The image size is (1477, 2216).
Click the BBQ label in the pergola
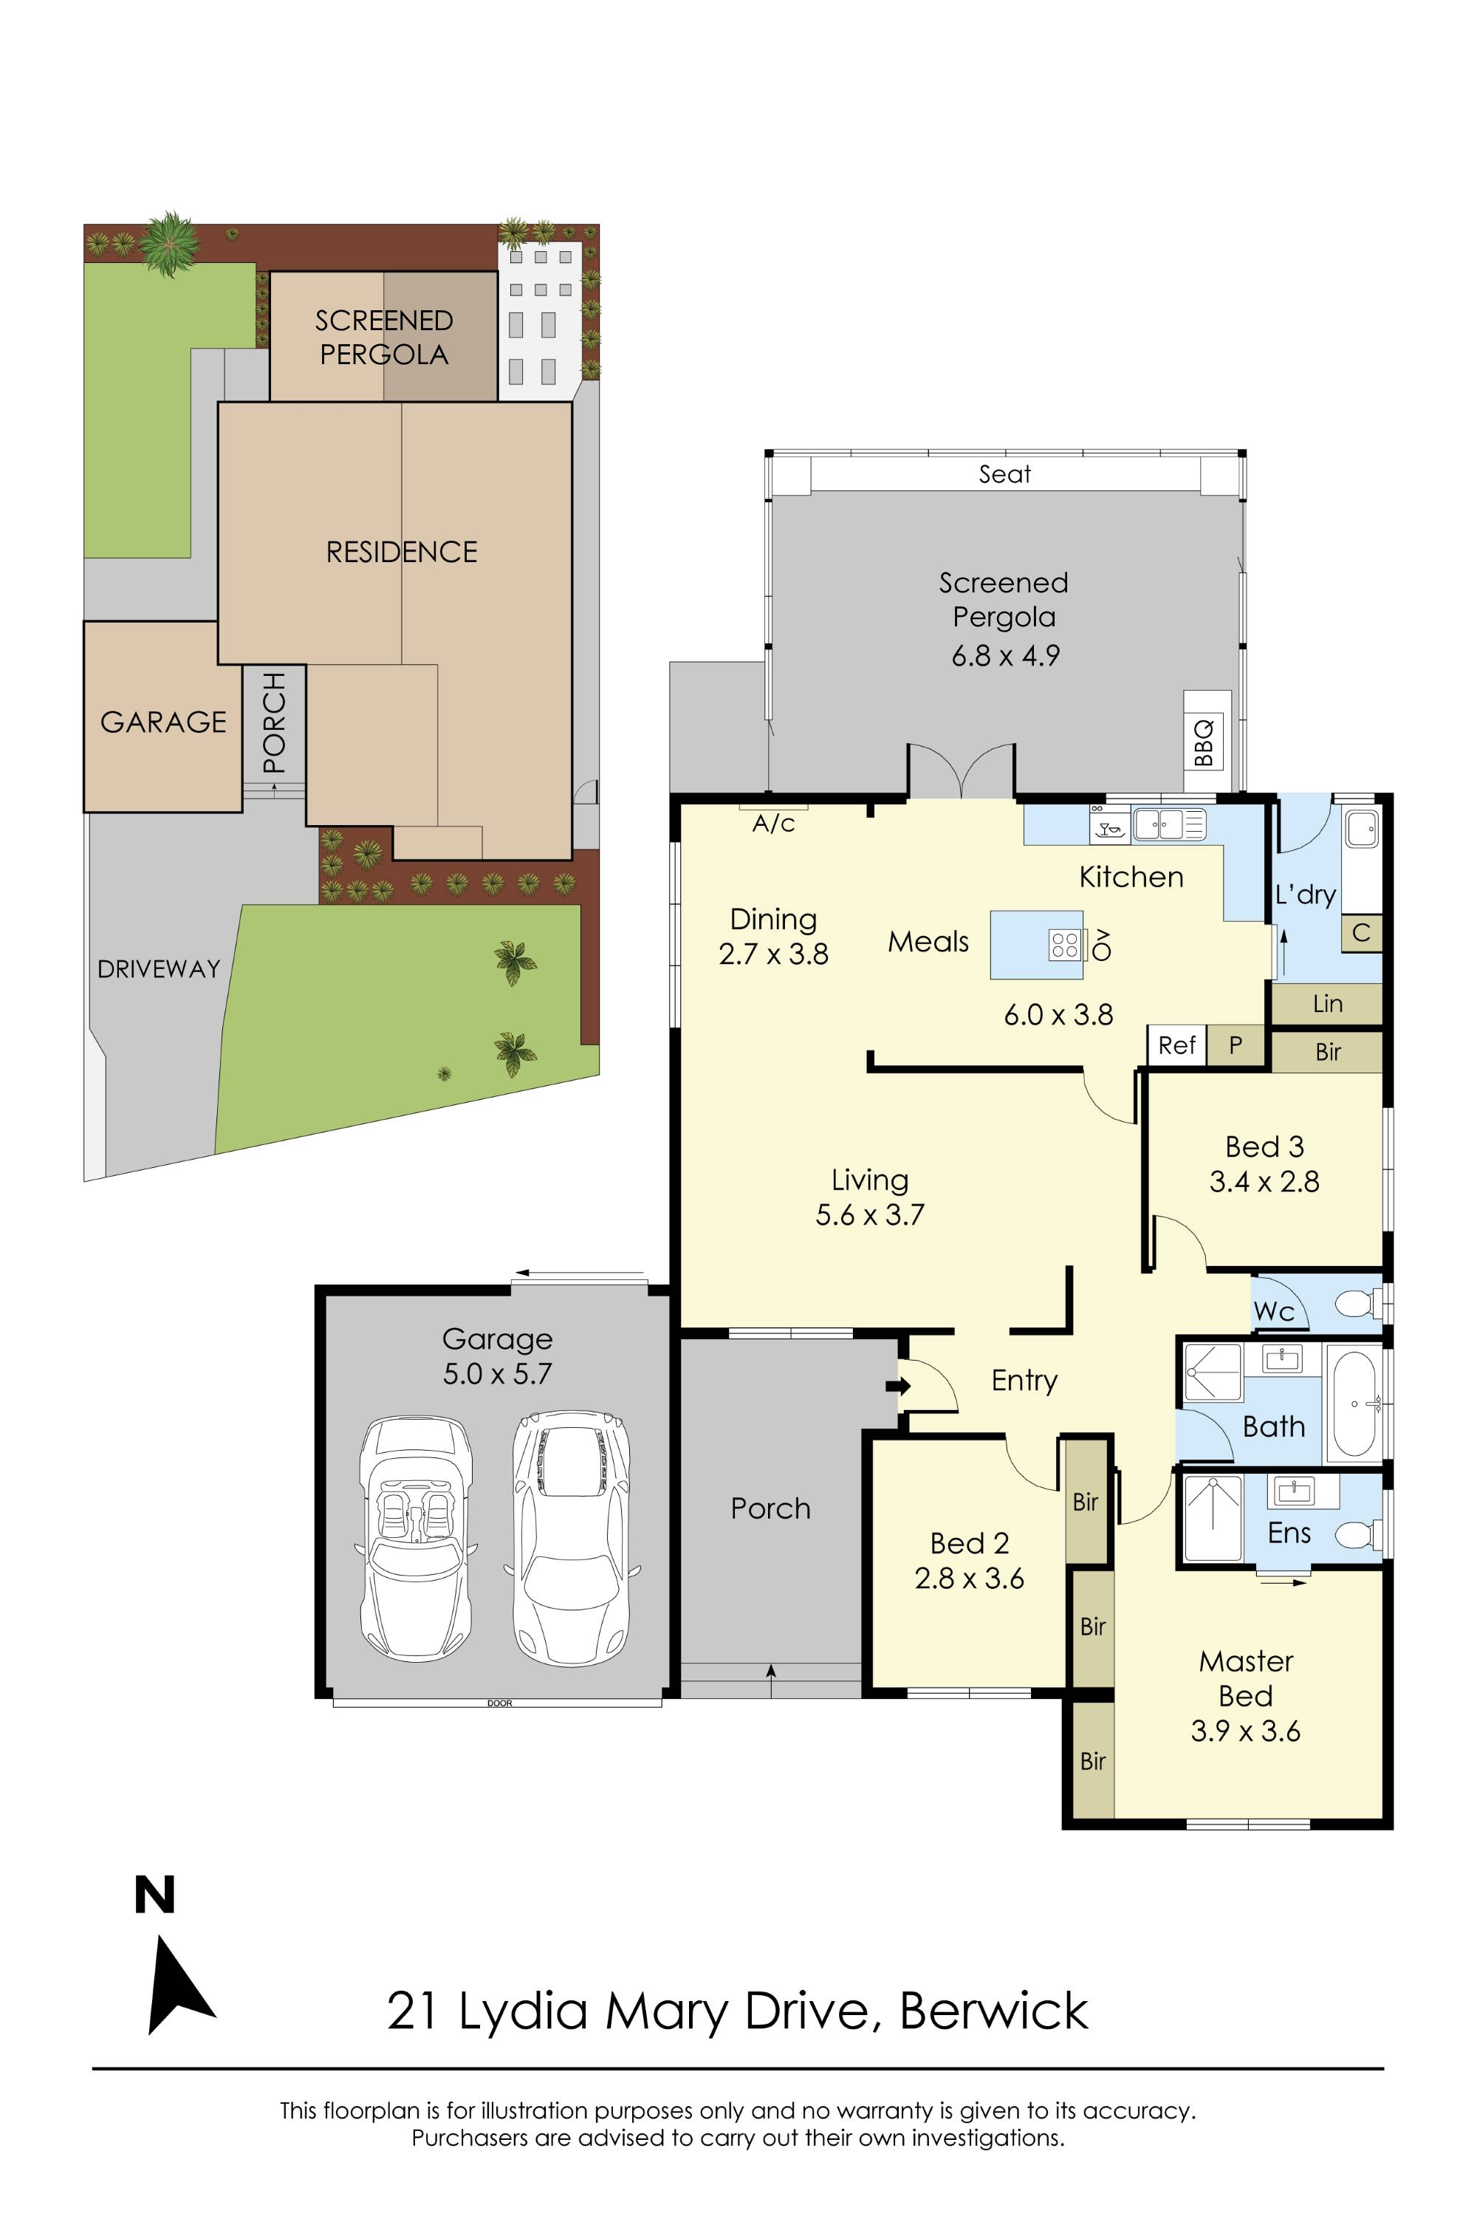[1204, 742]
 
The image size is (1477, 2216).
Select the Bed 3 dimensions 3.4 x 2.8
[1264, 1181]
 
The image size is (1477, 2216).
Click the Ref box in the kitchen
[1176, 1045]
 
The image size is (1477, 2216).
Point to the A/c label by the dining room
[773, 824]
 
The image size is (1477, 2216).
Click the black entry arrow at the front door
[899, 1386]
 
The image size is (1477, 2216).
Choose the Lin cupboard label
[1327, 1003]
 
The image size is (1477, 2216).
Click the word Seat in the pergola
[1004, 474]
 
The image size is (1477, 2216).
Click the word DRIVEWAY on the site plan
[158, 968]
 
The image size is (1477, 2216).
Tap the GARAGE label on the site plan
[163, 722]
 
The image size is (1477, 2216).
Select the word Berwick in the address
[994, 2011]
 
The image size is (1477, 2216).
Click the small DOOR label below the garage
[499, 1703]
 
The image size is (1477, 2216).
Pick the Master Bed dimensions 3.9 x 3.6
[1245, 1731]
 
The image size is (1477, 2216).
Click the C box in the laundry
[1360, 933]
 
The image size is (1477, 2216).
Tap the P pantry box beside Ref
[1236, 1045]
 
